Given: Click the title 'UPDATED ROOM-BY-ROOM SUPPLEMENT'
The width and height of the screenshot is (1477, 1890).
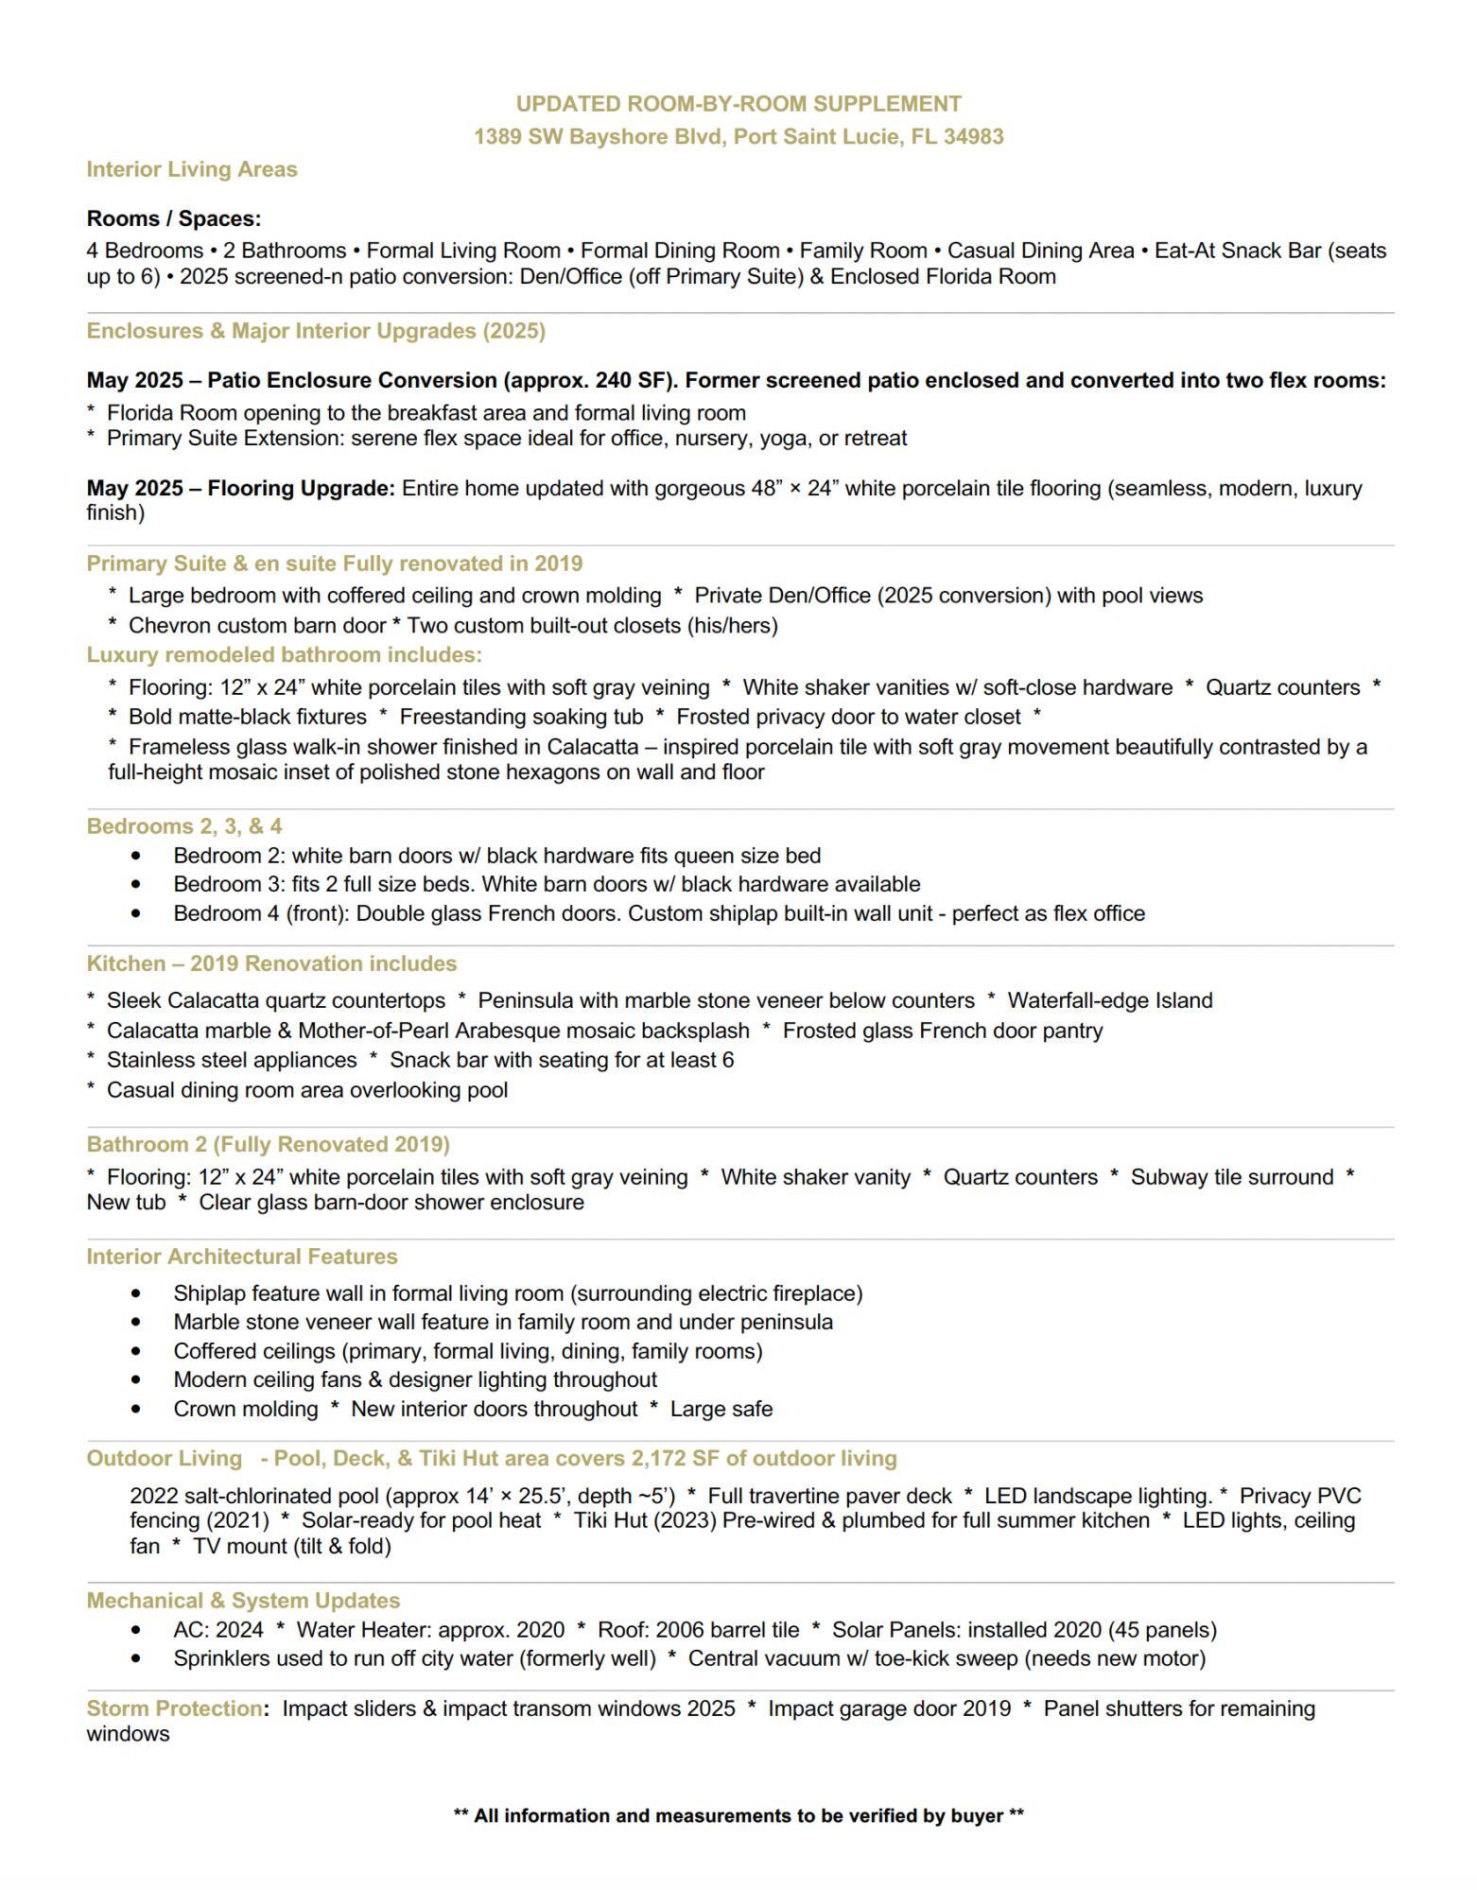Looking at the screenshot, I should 738,104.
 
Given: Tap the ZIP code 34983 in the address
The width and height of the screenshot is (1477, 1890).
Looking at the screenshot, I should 973,137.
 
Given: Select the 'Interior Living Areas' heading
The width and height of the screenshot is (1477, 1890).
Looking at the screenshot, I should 192,169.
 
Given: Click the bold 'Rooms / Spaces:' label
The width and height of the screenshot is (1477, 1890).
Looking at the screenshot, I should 174,218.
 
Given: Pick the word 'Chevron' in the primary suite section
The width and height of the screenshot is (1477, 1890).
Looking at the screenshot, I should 164,625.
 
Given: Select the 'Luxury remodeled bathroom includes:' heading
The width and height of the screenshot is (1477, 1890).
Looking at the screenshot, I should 284,654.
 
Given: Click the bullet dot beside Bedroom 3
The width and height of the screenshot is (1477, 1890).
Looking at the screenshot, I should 138,885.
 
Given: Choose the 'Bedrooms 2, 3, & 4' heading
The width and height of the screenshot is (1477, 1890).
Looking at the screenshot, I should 184,826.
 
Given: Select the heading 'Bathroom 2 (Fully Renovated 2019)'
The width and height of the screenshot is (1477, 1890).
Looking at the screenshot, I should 269,1145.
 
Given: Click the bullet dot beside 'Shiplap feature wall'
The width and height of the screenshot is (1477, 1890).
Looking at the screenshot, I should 138,1293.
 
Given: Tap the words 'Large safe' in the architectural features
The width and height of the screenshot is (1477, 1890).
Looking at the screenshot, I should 721,1409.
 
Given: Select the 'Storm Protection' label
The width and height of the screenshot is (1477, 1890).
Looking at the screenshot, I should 174,1708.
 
